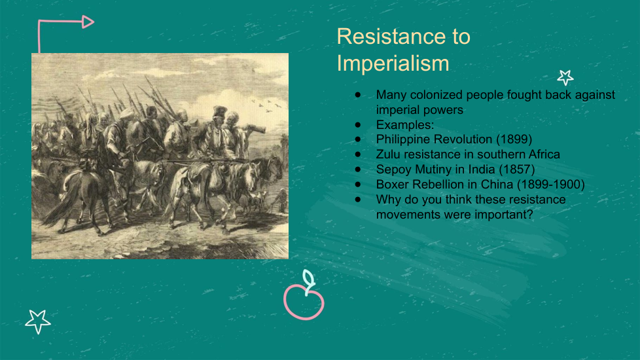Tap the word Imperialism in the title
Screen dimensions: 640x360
click(393, 63)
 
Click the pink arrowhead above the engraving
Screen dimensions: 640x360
click(88, 22)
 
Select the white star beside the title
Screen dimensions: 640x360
click(565, 77)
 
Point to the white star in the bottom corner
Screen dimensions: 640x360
click(38, 321)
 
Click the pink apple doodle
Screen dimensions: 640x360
click(304, 302)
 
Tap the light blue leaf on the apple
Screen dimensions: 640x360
click(309, 279)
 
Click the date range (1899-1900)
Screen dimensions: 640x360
click(550, 185)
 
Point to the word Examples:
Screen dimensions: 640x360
click(405, 125)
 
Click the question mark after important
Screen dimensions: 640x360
click(530, 214)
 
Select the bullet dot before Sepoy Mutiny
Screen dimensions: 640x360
click(358, 170)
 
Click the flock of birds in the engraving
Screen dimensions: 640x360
click(266, 105)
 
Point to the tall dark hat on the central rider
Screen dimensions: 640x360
click(220, 111)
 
